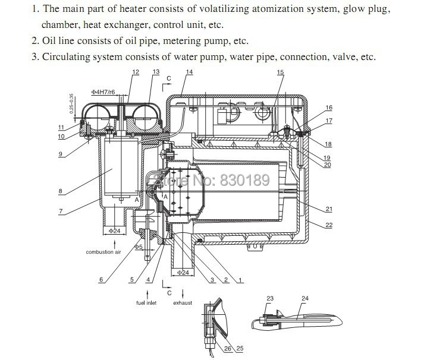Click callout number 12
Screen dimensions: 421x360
136,72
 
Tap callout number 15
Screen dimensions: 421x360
280,72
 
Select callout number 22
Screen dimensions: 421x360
329,225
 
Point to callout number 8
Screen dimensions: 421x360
61,191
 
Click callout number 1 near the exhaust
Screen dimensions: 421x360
240,280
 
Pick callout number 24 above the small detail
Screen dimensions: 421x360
305,298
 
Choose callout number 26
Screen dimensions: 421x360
228,349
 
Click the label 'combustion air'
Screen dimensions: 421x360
103,252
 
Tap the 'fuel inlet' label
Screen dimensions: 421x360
146,303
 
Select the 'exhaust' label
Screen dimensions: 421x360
183,303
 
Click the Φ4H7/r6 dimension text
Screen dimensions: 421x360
103,92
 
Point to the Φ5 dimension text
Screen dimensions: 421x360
139,247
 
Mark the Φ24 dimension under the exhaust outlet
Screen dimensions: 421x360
183,273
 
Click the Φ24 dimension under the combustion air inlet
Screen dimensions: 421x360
114,230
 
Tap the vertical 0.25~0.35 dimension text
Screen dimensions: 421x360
71,103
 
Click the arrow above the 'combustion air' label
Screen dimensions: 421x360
115,244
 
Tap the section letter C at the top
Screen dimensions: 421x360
169,78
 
